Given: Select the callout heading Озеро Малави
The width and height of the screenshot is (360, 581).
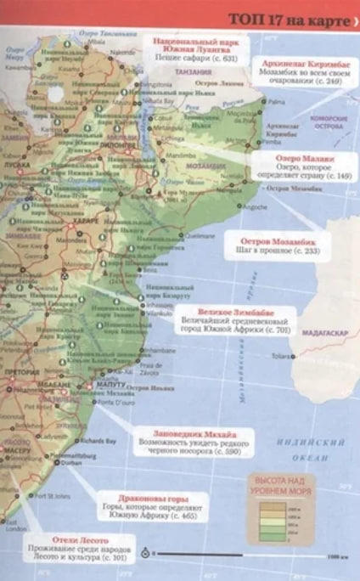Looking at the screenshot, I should coord(303,159).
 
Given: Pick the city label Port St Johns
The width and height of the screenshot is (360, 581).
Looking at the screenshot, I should coord(45,495).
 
